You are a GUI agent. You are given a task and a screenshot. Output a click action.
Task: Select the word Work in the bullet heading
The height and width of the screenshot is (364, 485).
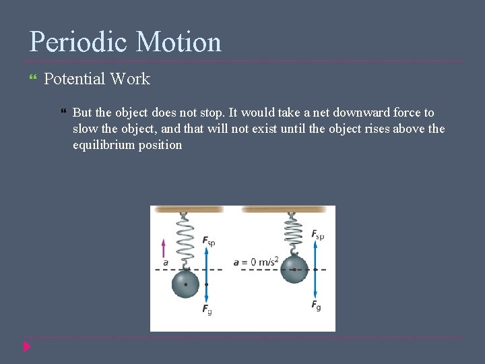point(130,79)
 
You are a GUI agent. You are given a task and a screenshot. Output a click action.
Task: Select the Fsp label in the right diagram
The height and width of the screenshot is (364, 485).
point(317,235)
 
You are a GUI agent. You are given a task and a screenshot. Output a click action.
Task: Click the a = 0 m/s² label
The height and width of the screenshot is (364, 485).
point(256,262)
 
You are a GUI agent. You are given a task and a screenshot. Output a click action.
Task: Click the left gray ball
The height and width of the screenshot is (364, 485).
point(185,284)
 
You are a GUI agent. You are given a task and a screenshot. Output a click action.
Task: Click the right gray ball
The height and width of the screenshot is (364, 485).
point(294,269)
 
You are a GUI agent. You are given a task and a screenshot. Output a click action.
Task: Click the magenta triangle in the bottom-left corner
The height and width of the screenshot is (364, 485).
point(26,346)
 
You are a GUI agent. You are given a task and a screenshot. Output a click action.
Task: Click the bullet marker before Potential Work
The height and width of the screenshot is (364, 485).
point(34,80)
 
